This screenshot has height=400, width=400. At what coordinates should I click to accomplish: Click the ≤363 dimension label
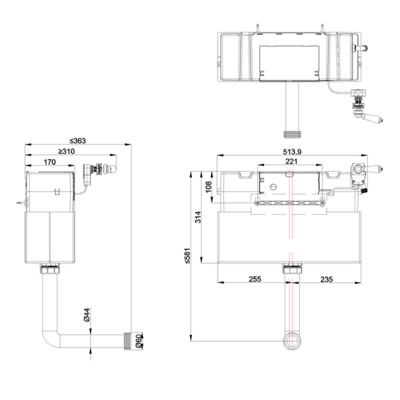coord(78,141)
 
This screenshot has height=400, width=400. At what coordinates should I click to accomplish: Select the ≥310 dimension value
coord(66,152)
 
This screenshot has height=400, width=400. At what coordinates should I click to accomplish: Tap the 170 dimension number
coord(50,162)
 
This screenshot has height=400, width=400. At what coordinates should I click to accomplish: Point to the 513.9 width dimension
coord(292,152)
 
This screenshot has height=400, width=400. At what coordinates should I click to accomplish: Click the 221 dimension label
coord(291,161)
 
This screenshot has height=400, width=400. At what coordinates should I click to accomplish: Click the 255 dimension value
coord(254,279)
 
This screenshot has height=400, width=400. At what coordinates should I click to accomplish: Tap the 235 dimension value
coord(326,279)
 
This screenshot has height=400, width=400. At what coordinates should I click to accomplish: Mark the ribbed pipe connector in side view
coord(129,341)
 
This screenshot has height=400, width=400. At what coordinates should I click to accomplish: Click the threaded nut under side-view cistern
coord(50,269)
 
